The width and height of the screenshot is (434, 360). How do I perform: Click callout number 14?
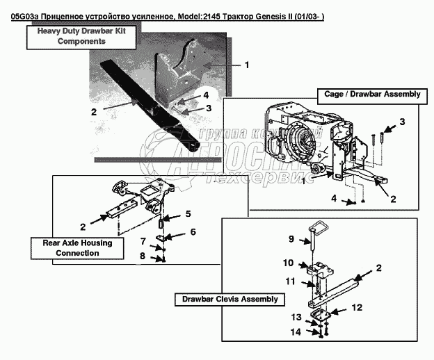(x=296, y=333)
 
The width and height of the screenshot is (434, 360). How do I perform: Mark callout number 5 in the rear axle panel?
(x=187, y=213)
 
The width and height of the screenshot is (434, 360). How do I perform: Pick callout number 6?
(x=193, y=231)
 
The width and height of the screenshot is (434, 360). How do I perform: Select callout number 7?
(x=143, y=241)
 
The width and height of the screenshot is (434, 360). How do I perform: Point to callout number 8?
(x=143, y=256)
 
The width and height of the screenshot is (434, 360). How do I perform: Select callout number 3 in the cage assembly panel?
(x=401, y=122)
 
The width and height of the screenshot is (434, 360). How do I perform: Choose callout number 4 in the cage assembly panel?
(x=333, y=198)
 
